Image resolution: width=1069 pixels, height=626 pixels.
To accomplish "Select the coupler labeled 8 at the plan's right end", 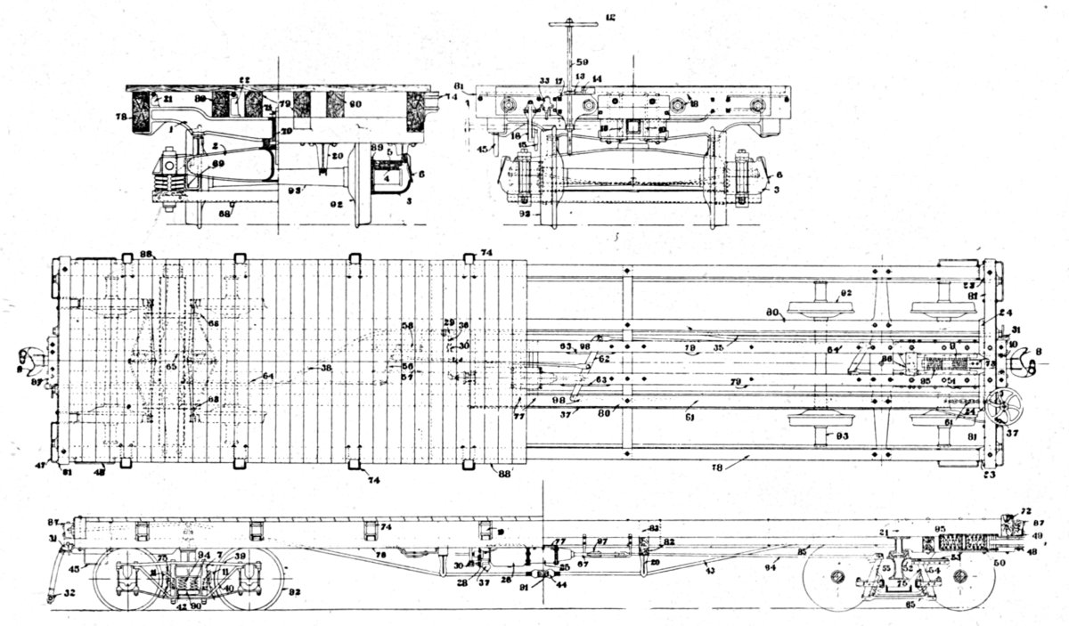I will tap(1034, 354).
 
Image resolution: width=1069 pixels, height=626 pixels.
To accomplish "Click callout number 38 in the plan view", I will tap(326, 367).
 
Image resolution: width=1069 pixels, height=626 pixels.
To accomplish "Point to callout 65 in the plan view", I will tap(170, 366).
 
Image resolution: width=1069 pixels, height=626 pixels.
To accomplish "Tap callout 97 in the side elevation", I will tap(601, 541).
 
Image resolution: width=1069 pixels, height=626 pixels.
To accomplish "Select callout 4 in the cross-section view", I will tap(388, 177).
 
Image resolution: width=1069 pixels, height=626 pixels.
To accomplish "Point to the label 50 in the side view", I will tap(1024, 564).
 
